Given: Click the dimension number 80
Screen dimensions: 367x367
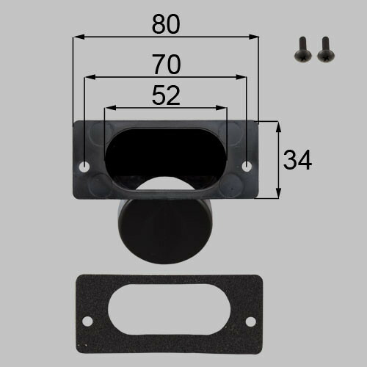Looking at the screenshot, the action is (166, 24).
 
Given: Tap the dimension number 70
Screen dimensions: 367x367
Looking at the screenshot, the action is (167, 65).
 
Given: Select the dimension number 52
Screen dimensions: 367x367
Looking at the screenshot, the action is (166, 95).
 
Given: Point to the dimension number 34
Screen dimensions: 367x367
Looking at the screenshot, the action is (297, 160).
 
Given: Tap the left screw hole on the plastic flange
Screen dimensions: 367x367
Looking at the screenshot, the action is (84, 167).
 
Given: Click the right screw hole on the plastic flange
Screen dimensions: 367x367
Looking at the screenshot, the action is (247, 167).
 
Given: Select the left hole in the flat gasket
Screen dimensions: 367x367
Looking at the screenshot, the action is (87, 321).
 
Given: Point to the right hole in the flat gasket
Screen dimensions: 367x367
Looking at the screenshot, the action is (250, 321).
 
